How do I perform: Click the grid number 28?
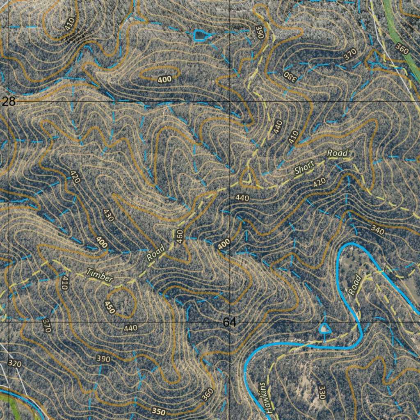[9, 102]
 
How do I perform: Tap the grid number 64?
[230, 323]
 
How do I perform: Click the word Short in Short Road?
[304, 168]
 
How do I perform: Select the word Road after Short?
[338, 153]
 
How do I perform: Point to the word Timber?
[99, 276]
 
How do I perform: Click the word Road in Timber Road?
[156, 253]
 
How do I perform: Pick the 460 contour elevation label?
[179, 236]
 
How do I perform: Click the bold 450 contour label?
[110, 307]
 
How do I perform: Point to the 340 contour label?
[377, 231]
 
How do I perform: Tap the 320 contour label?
[14, 363]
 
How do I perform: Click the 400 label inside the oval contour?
[164, 79]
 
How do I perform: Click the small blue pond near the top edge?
[200, 36]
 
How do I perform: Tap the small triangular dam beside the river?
[325, 328]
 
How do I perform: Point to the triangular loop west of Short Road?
[247, 177]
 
